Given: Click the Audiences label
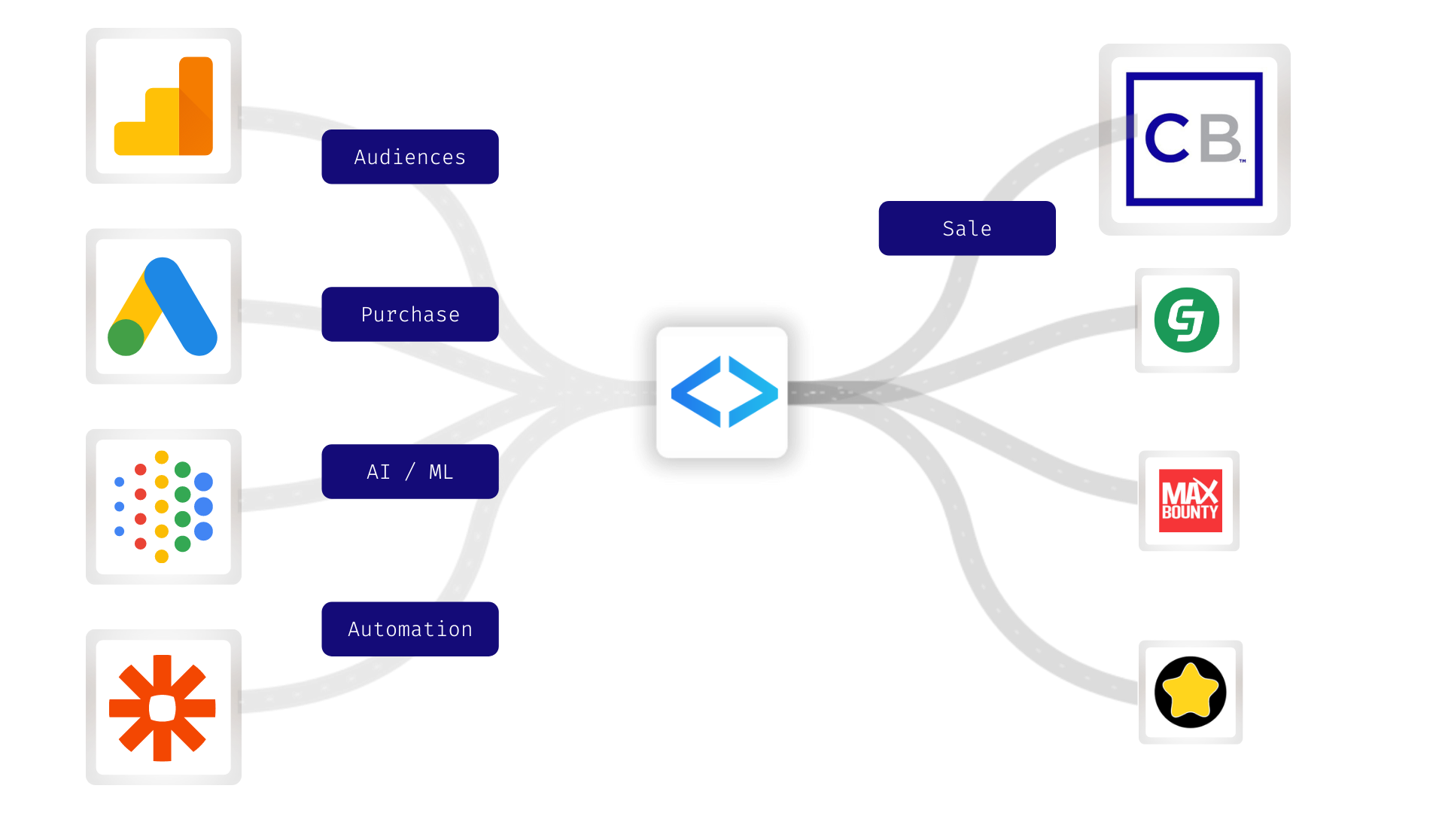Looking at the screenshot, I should pos(409,157).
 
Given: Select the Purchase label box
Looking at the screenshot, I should pos(409,314).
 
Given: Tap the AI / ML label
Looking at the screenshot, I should pos(409,471).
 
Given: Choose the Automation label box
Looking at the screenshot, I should pos(409,629).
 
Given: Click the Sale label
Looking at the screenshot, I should pos(966,228).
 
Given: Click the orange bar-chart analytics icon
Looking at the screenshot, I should pos(163,106).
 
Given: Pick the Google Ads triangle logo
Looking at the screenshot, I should pos(163,306).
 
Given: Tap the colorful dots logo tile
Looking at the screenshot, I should pos(163,507).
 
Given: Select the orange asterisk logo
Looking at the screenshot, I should pos(163,708).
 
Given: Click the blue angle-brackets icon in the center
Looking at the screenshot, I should pos(722,392).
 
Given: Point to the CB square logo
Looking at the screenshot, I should pos(1194,139).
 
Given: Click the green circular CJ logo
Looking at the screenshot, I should pos(1187,320).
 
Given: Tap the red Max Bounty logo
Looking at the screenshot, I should pos(1189,501).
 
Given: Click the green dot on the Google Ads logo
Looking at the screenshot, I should pos(126,337).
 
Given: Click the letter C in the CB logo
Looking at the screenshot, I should pos(1167,139).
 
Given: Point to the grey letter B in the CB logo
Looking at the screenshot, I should pos(1220,139).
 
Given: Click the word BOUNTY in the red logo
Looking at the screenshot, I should pos(1189,513).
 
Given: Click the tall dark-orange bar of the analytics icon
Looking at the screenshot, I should pos(196,105).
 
